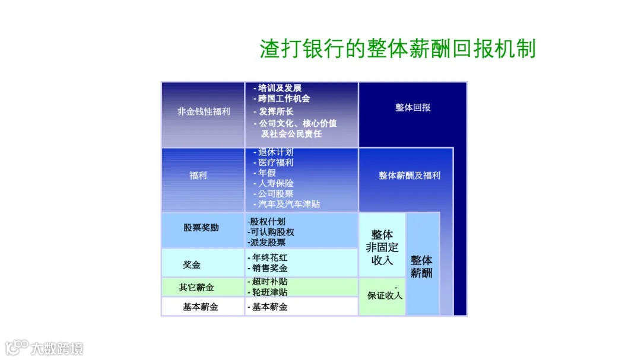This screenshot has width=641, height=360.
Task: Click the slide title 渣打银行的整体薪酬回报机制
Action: [x=397, y=48]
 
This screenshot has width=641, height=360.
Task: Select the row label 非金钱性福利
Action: [x=203, y=111]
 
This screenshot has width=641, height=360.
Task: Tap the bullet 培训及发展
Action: [x=280, y=88]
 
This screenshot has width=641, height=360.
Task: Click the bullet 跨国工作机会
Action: [x=284, y=98]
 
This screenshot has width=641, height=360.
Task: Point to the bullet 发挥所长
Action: [x=275, y=111]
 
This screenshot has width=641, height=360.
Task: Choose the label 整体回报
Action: [x=412, y=107]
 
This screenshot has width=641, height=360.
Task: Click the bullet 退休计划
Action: [x=275, y=152]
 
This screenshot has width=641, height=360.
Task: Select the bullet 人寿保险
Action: [x=275, y=183]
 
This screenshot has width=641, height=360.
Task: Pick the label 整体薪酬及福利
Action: [x=410, y=176]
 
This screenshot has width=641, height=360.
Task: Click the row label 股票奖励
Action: [x=201, y=227]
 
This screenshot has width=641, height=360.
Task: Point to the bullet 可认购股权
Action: [x=273, y=232]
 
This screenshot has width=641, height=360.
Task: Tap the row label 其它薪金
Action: [x=196, y=288]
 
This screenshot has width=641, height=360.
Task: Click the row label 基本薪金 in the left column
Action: [x=200, y=307]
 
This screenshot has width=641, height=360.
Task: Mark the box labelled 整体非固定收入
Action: [x=382, y=247]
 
